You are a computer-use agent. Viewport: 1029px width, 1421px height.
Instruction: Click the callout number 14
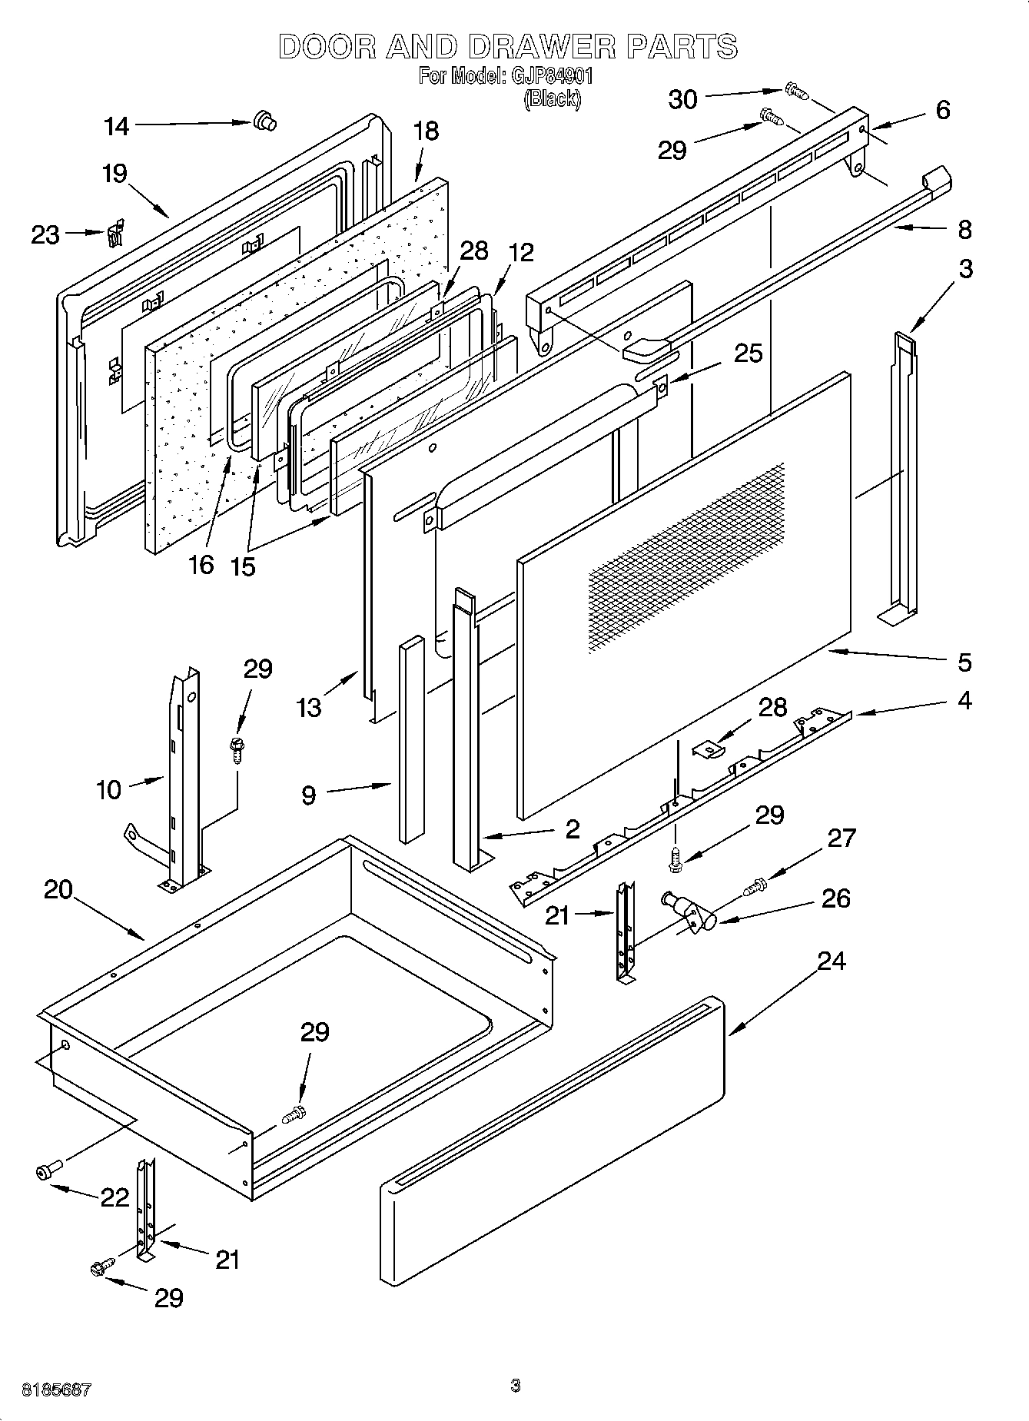pos(117,126)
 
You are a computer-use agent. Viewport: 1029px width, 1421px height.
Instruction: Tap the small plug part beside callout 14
pos(264,121)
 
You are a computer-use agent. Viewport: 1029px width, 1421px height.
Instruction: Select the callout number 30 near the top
pos(682,99)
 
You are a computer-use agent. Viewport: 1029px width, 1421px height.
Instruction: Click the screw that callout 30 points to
pos(796,91)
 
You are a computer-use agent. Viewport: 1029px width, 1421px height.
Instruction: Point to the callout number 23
pos(45,234)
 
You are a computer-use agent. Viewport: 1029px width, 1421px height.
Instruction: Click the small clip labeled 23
pos(115,233)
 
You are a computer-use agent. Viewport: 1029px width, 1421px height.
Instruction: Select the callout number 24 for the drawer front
pos(831,961)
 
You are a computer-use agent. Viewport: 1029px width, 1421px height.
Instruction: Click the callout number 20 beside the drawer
pos(58,890)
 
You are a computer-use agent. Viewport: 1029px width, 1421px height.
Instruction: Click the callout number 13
pos(309,708)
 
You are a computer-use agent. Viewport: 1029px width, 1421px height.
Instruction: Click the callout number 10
pos(109,789)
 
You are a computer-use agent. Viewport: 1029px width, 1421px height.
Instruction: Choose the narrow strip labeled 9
pos(411,738)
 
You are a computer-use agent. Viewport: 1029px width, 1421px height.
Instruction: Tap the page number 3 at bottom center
pos(515,1386)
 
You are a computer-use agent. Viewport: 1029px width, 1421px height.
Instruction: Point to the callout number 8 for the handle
pos(964,229)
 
